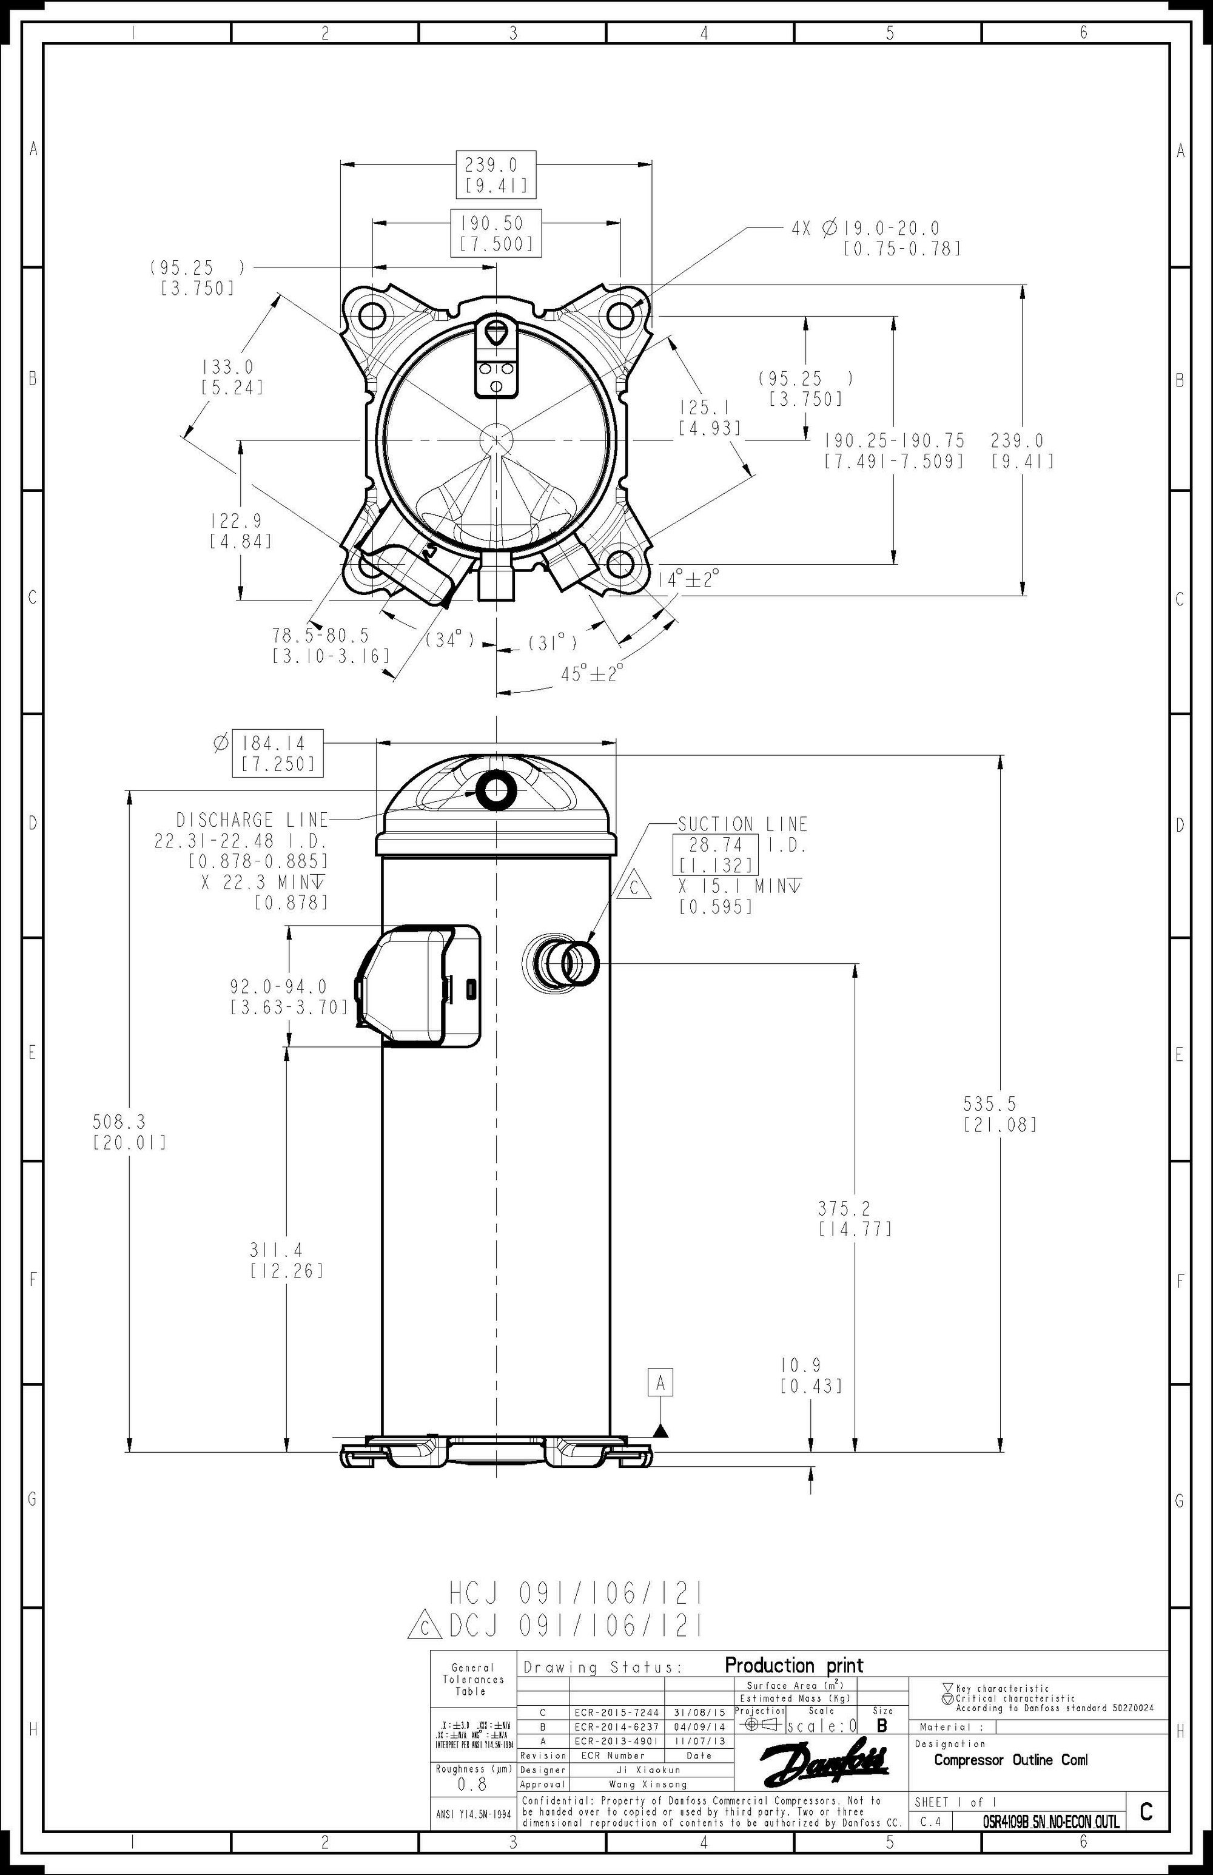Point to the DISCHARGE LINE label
pos(251,820)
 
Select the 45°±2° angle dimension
pos(591,673)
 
